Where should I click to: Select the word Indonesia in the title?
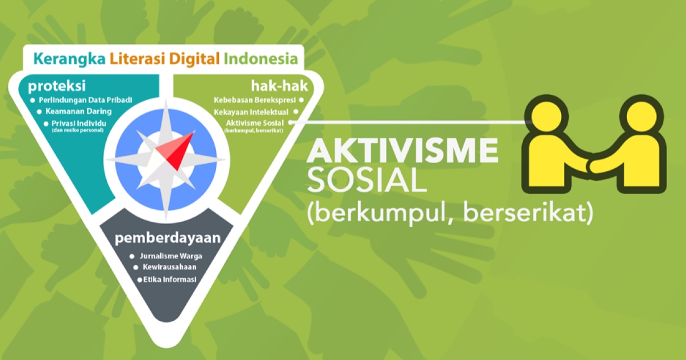[261, 59]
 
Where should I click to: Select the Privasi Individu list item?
[82, 123]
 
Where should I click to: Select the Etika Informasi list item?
[170, 279]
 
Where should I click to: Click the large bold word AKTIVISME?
[403, 152]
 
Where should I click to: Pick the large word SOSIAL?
[367, 180]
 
